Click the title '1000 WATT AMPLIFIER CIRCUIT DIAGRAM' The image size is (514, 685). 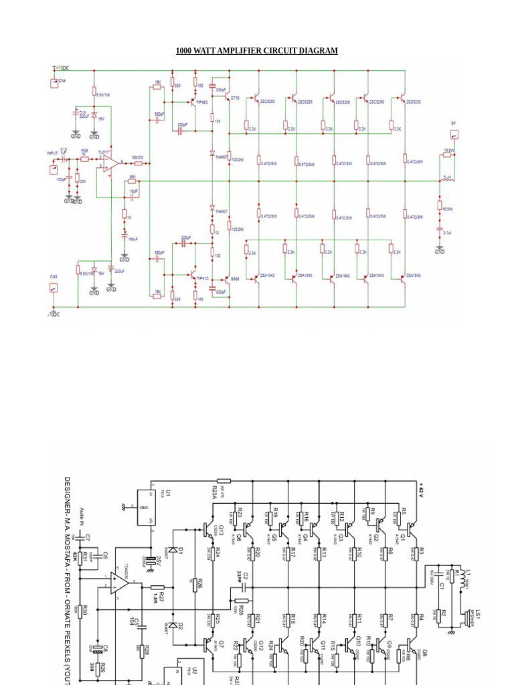tap(256, 51)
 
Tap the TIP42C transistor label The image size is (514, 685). tap(202, 102)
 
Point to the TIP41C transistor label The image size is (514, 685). tap(202, 278)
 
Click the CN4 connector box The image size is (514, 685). tap(55, 83)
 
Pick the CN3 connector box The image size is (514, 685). tap(54, 288)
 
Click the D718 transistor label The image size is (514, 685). tap(235, 98)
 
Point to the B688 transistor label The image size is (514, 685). tap(235, 278)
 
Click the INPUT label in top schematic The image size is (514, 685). tap(52, 153)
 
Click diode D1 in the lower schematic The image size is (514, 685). tap(175, 549)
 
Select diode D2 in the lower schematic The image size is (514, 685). tap(175, 625)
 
